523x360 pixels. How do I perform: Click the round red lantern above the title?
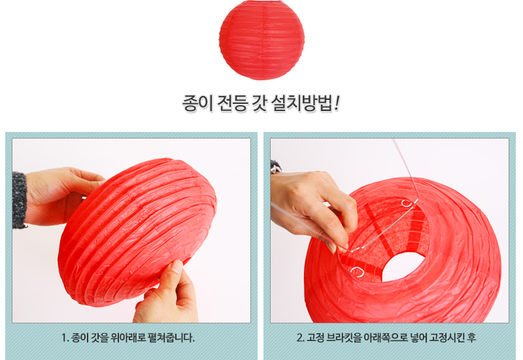click(x=262, y=40)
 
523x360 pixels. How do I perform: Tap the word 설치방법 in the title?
click(x=302, y=103)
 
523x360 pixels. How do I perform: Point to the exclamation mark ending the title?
click(x=337, y=103)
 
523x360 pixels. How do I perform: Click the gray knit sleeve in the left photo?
click(x=20, y=200)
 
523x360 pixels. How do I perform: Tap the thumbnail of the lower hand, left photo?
click(x=177, y=267)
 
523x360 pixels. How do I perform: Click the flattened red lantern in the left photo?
click(x=137, y=232)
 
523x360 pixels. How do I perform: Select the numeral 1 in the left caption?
click(x=64, y=338)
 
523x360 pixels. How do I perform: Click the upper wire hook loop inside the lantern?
click(x=406, y=203)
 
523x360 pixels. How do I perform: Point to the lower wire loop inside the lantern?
click(x=357, y=272)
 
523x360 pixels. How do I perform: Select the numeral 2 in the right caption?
click(x=299, y=338)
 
